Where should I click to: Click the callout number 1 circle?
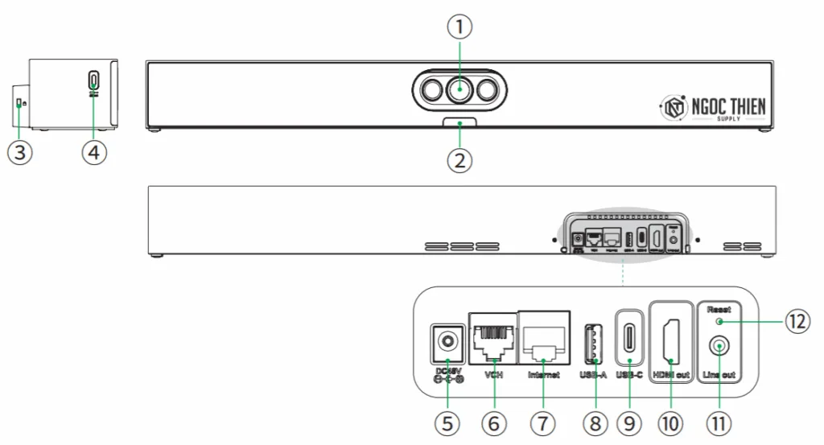point(459,27)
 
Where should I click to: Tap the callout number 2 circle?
point(459,159)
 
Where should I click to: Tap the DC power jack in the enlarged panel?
point(445,343)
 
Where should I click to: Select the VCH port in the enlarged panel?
point(492,343)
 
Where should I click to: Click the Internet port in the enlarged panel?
point(544,343)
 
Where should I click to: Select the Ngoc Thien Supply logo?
point(712,107)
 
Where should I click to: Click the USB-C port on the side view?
point(94,80)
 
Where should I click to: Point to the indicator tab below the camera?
point(459,122)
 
